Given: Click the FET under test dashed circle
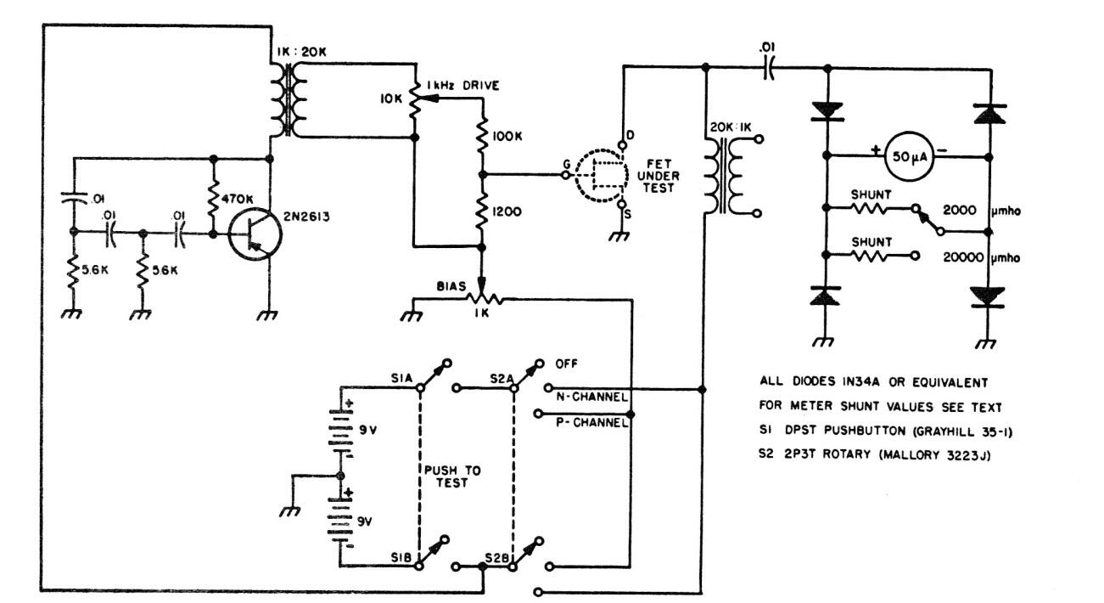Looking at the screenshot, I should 601,175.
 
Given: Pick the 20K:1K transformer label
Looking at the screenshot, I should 726,132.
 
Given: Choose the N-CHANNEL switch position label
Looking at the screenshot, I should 592,397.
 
